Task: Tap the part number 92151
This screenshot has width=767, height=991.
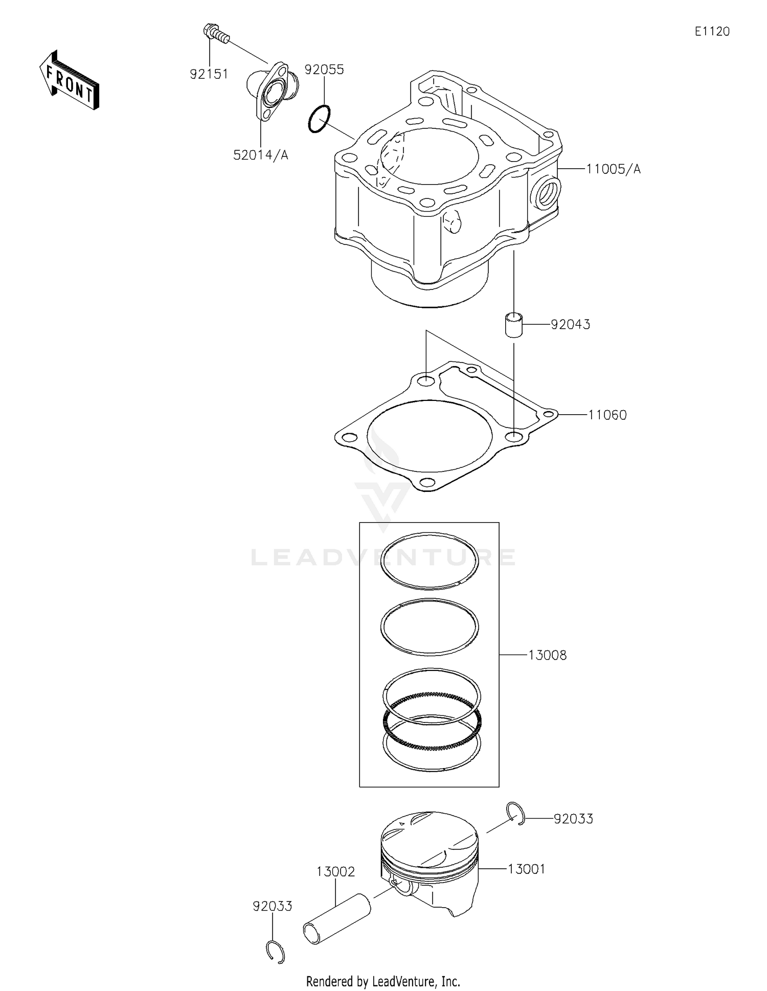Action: pyautogui.click(x=209, y=74)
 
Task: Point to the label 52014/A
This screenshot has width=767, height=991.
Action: pyautogui.click(x=261, y=155)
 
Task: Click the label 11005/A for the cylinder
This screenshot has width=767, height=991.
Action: pyautogui.click(x=613, y=169)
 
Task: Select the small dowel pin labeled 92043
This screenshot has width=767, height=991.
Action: pyautogui.click(x=513, y=325)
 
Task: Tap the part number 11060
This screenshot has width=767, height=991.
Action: pyautogui.click(x=607, y=415)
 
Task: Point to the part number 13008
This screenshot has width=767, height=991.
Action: pyautogui.click(x=547, y=655)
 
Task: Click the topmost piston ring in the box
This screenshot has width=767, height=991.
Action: pyautogui.click(x=430, y=560)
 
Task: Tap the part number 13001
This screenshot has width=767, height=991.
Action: pyautogui.click(x=526, y=869)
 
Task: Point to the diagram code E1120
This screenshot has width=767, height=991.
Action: pyautogui.click(x=712, y=32)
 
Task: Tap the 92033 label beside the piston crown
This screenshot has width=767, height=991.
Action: pyautogui.click(x=573, y=819)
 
